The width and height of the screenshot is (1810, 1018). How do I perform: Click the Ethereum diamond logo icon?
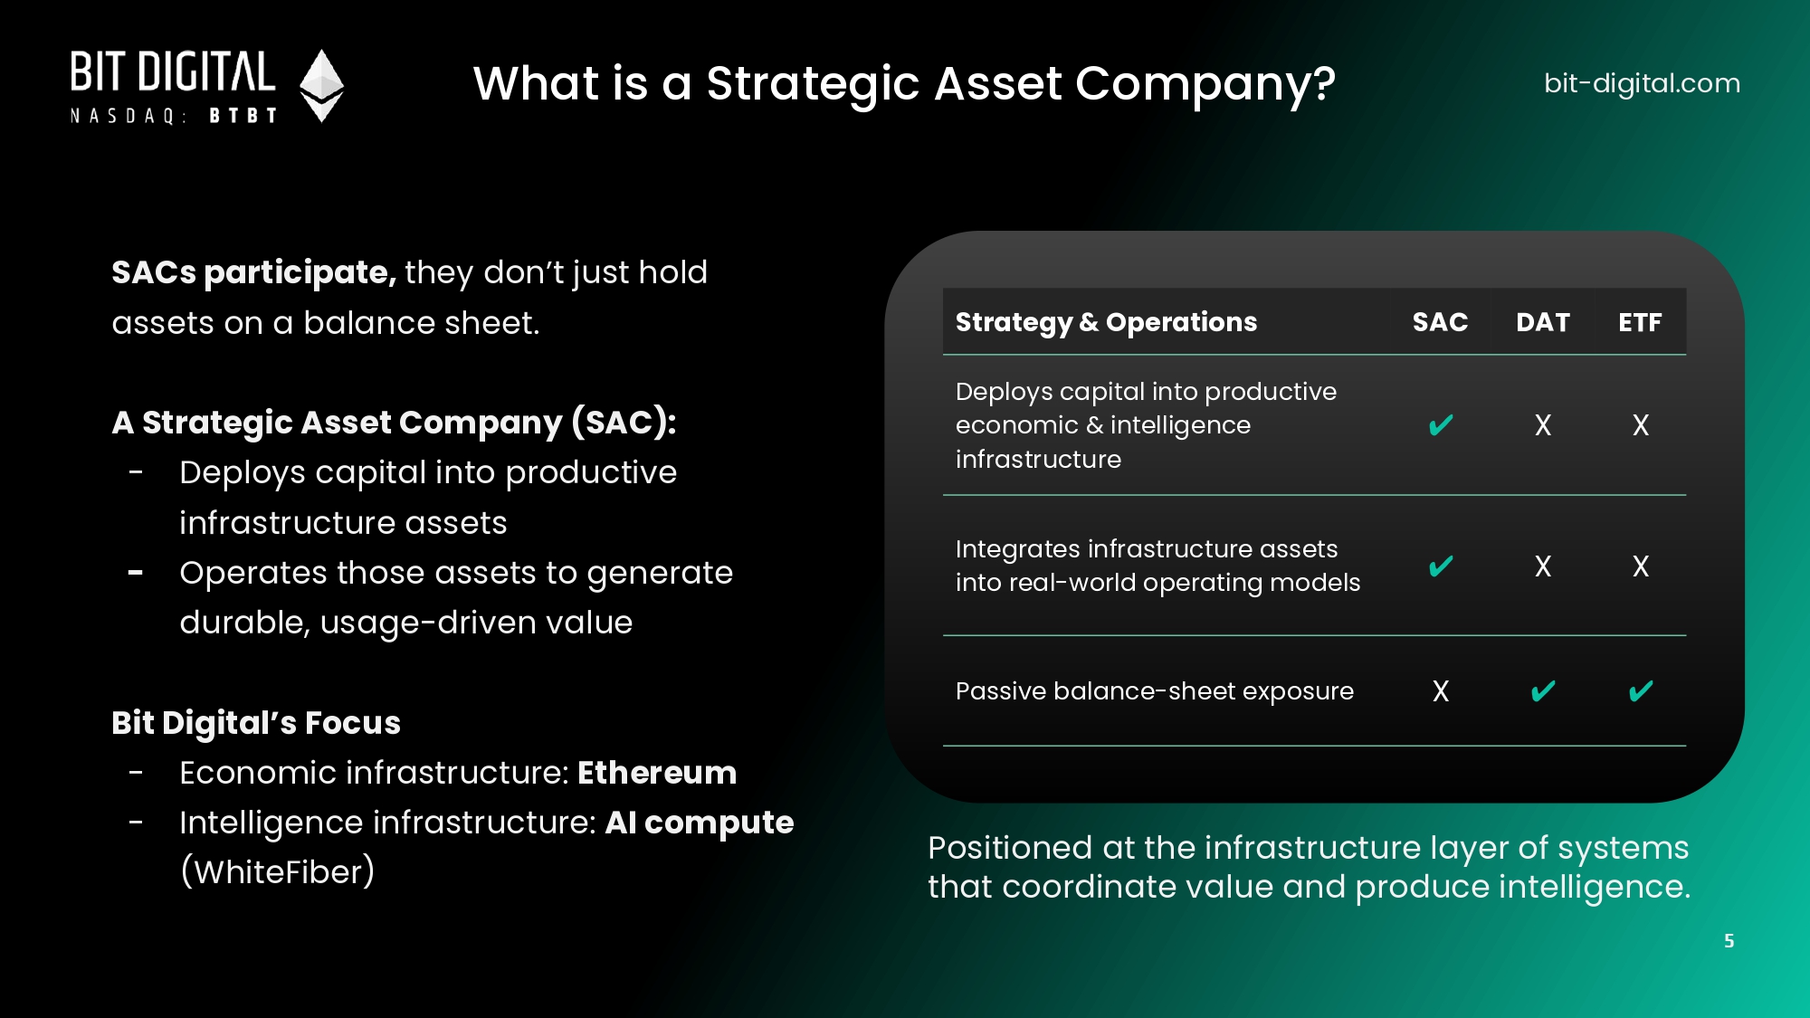321,85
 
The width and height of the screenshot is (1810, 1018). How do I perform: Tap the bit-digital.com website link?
1642,83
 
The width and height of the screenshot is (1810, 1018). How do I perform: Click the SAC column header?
1440,322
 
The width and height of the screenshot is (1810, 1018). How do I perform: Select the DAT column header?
1543,322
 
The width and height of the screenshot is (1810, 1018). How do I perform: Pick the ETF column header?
1640,322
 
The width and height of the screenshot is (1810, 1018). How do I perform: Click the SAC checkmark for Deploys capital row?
1441,424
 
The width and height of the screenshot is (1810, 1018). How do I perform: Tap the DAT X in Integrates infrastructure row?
1543,566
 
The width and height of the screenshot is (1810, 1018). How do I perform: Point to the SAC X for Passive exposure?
1441,691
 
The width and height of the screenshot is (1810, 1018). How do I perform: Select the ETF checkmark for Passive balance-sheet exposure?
1641,691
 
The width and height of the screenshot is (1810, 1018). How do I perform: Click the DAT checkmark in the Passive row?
1543,691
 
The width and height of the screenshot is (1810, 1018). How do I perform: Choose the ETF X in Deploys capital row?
1641,425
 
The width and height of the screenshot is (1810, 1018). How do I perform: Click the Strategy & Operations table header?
1106,322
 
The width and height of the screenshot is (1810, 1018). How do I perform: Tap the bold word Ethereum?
657,773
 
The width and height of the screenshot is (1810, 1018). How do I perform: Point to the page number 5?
1729,941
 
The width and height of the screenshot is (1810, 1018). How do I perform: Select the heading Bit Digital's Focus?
256,723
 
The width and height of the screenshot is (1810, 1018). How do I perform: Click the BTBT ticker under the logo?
243,116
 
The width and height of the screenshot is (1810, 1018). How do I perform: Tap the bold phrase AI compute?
700,823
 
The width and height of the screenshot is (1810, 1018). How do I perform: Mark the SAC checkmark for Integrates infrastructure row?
1441,566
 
